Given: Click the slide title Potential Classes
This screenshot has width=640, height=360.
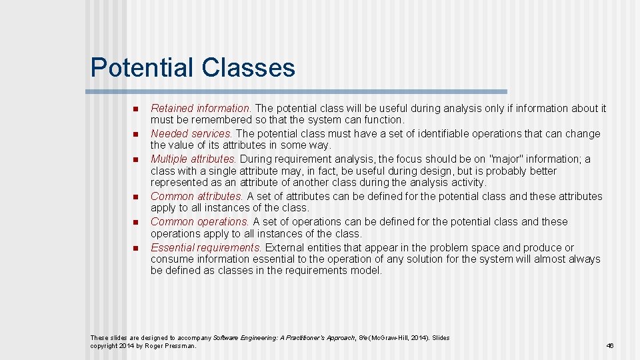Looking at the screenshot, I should click(193, 67).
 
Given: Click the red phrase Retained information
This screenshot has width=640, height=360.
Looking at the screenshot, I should click(201, 108).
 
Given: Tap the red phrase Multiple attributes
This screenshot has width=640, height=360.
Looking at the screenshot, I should click(193, 159).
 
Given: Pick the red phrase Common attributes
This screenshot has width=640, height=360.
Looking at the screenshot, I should click(197, 196).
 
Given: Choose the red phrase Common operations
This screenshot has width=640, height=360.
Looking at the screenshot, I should click(200, 221).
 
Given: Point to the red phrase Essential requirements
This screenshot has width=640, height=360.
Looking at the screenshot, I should click(206, 247).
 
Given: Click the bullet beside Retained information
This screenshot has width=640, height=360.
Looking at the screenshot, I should click(134, 109).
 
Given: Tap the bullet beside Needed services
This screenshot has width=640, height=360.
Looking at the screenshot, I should click(134, 134).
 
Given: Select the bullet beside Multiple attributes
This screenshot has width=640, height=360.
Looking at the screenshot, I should click(134, 159).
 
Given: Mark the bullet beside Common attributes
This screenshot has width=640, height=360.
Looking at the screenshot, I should click(134, 197).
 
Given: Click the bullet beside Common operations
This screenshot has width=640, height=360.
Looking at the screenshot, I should click(134, 222).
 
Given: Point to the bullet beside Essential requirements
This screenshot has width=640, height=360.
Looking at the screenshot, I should click(134, 248).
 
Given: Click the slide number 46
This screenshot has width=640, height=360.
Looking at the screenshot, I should click(609, 346).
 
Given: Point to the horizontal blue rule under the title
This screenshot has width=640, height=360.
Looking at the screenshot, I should click(299, 91).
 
